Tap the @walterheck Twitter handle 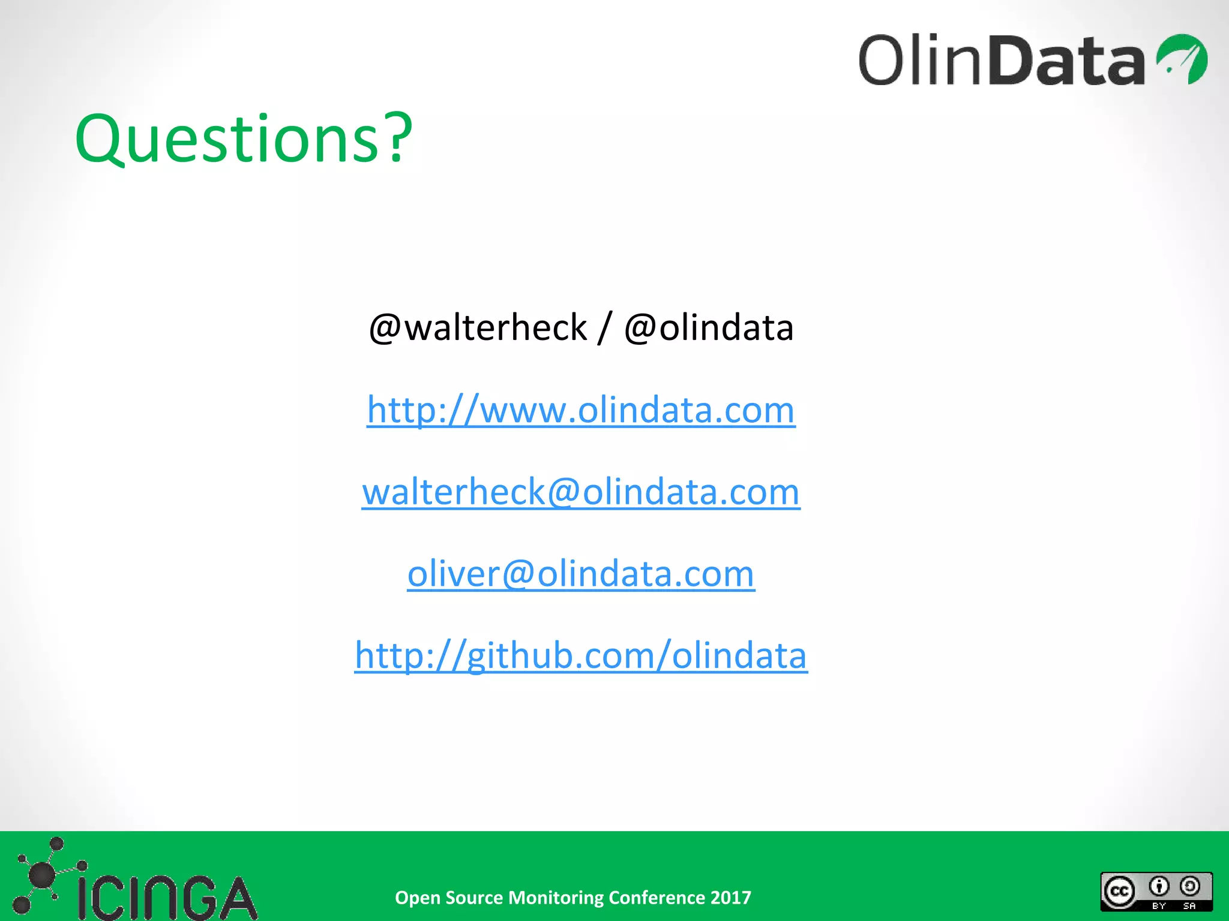point(478,328)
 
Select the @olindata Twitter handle point(709,328)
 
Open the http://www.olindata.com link point(581,410)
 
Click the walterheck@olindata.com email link point(581,492)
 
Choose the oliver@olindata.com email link point(581,574)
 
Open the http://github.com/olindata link point(581,655)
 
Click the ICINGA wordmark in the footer point(167,898)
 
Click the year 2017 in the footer point(730,898)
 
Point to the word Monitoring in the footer point(556,898)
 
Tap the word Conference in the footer point(657,898)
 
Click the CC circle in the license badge point(1119,892)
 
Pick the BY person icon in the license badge point(1159,886)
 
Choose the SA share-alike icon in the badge point(1189,886)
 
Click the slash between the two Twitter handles point(605,328)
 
